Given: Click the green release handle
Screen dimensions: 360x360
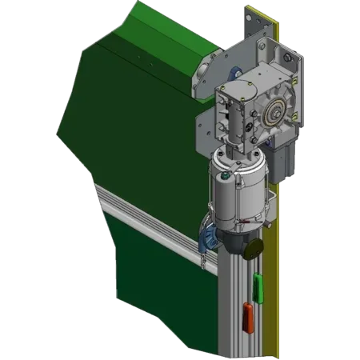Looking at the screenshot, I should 258,283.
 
